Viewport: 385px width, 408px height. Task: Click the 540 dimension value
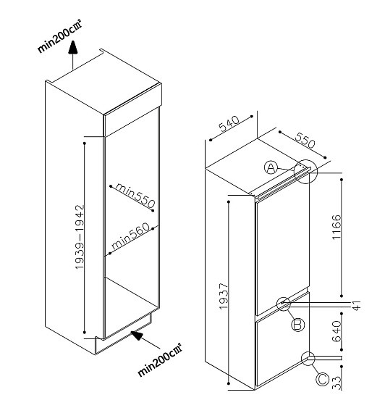tap(229, 123)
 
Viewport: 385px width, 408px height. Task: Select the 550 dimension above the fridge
tap(305, 141)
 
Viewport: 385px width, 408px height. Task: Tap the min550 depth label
tap(135, 195)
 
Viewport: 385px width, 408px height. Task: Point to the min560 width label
tap(131, 236)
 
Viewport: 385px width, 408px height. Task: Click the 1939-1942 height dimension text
tap(80, 237)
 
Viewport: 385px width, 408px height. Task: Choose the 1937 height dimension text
tap(224, 296)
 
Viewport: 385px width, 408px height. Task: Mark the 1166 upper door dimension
tap(337, 227)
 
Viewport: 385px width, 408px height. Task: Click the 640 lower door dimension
tap(337, 331)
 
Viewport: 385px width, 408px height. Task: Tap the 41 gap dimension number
tap(357, 305)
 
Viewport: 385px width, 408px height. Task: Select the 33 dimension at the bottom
tap(337, 383)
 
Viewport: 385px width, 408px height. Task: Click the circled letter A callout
tap(271, 167)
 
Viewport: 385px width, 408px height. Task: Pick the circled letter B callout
tap(297, 325)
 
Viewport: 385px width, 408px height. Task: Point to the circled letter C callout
tap(322, 379)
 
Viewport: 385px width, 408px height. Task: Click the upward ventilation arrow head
tap(73, 47)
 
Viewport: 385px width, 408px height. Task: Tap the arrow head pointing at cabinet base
tap(137, 335)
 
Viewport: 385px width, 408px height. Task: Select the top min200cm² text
tap(60, 37)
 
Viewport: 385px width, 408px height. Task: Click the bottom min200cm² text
tap(159, 360)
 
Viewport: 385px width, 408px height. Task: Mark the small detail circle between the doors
tap(276, 304)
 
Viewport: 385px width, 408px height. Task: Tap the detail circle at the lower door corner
tap(301, 359)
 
